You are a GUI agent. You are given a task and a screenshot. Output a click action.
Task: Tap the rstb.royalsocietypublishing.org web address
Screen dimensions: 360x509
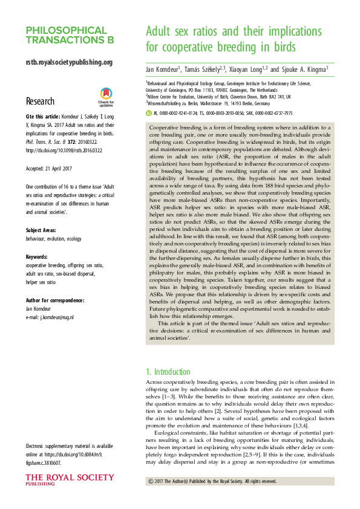(x=69, y=62)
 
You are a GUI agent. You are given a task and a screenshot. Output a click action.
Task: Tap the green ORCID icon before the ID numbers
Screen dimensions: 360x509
(x=149, y=112)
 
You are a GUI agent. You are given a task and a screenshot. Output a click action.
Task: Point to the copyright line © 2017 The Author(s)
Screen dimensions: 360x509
(x=212, y=481)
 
